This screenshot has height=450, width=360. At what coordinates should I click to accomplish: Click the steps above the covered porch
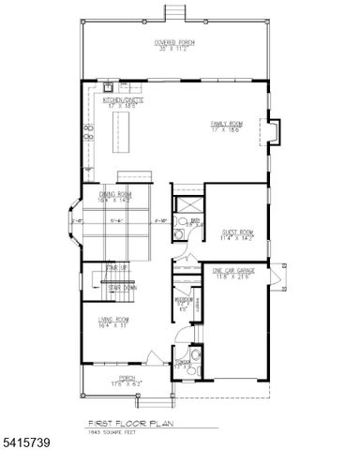(x=174, y=11)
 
